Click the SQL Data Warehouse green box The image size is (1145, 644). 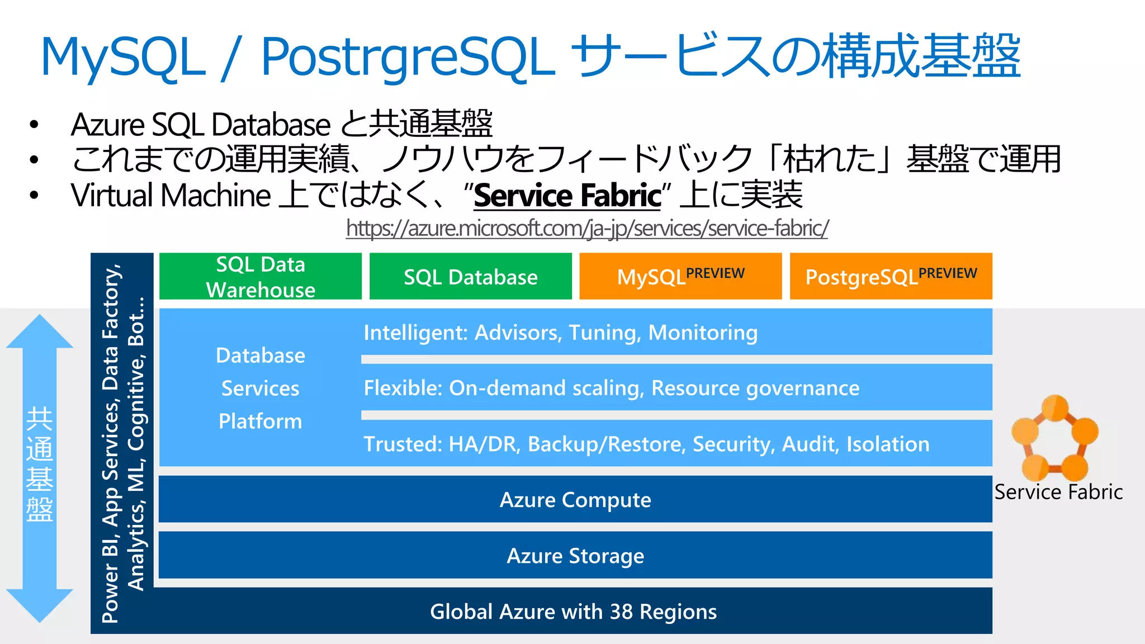tap(261, 276)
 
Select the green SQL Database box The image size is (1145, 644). tap(470, 276)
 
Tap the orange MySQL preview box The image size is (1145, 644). tap(680, 276)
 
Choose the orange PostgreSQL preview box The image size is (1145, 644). tap(891, 276)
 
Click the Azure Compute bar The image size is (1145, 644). tap(575, 499)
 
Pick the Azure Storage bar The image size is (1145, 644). tap(575, 555)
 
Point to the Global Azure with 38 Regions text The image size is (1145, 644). tap(573, 611)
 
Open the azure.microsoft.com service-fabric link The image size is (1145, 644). tap(586, 228)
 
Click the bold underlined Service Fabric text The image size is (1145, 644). tap(567, 195)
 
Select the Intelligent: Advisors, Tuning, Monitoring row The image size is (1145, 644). tap(560, 333)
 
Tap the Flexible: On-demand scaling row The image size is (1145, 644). tap(611, 387)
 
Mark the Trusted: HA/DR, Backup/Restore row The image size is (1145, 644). tap(646, 444)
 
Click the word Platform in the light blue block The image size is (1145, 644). tap(261, 421)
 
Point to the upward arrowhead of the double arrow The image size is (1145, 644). tap(40, 333)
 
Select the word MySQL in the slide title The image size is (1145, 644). tap(123, 57)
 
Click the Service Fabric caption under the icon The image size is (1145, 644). tap(1058, 492)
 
